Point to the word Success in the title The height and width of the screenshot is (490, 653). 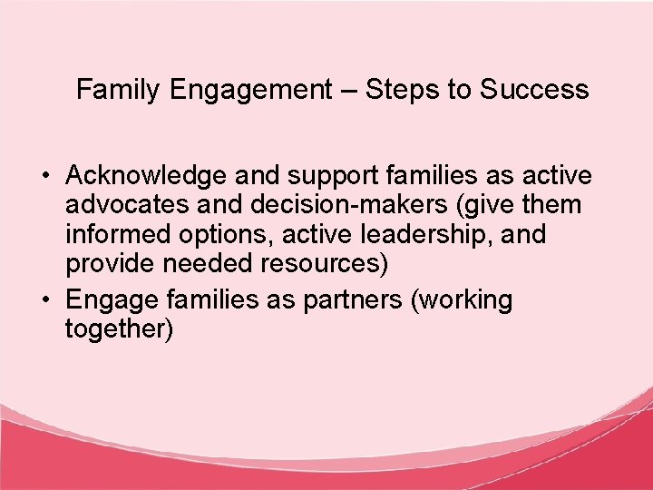[534, 90]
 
